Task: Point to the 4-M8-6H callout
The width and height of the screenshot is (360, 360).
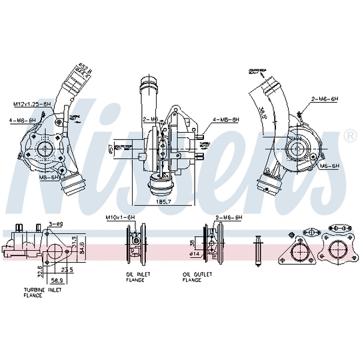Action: (x=225, y=120)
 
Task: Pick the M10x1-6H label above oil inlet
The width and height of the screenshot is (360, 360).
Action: (x=121, y=218)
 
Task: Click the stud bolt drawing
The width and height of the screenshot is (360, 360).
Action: (x=259, y=248)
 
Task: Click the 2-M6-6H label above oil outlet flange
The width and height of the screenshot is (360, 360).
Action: (x=228, y=218)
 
